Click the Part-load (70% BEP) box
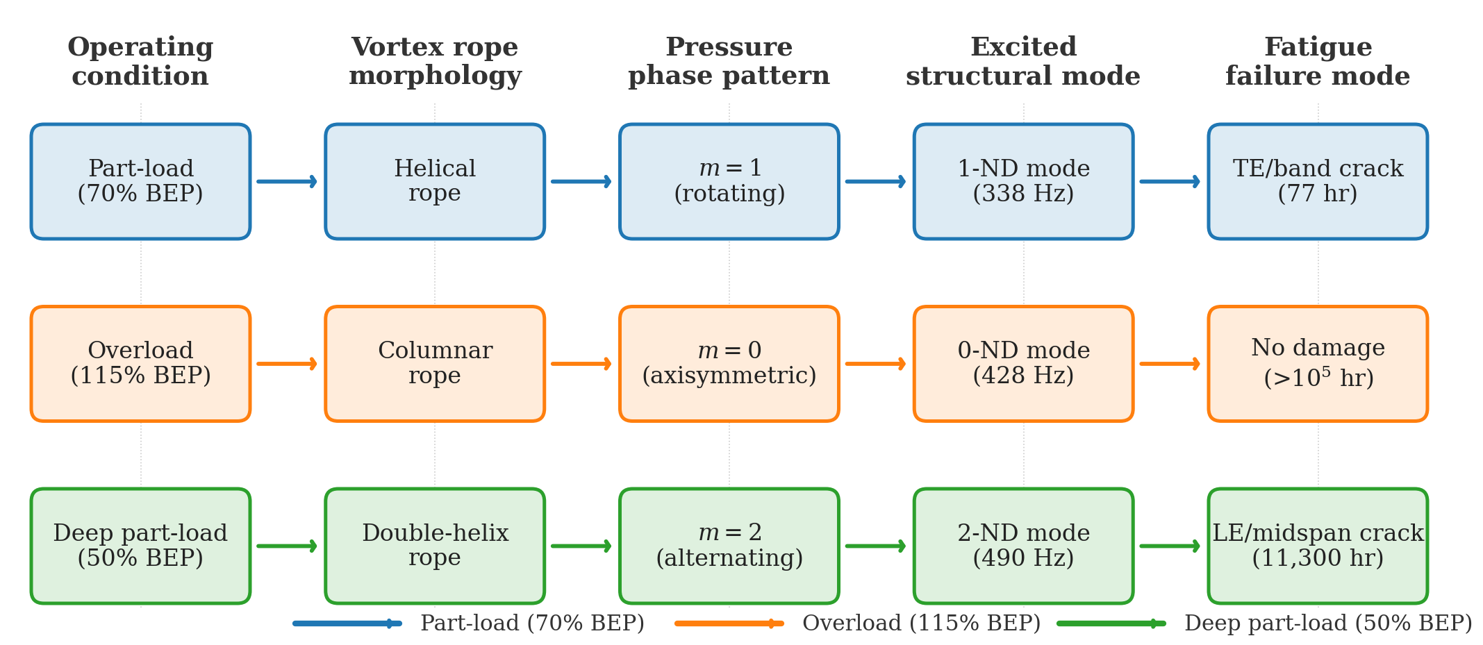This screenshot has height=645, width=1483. pyautogui.click(x=140, y=181)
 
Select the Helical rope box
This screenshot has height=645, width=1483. pyautogui.click(x=435, y=181)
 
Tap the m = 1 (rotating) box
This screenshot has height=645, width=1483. pyautogui.click(x=729, y=181)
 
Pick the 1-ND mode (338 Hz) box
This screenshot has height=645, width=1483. pyautogui.click(x=1023, y=181)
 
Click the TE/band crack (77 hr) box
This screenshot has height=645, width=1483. pyautogui.click(x=1318, y=181)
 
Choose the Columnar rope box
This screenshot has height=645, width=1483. pyautogui.click(x=435, y=363)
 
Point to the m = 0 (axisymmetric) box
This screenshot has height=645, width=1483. pyautogui.click(x=729, y=363)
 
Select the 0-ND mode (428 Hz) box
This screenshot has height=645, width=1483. pyautogui.click(x=1023, y=363)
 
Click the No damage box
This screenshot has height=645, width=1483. pyautogui.click(x=1318, y=363)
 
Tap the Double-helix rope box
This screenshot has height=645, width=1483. pyautogui.click(x=435, y=546)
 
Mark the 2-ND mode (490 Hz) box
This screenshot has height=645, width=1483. pyautogui.click(x=1023, y=546)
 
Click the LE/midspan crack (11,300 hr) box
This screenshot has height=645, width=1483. pyautogui.click(x=1318, y=546)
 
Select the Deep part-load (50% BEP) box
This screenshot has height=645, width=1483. pyautogui.click(x=140, y=546)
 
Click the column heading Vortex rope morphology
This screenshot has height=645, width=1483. pyautogui.click(x=435, y=61)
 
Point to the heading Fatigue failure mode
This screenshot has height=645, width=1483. pyautogui.click(x=1318, y=61)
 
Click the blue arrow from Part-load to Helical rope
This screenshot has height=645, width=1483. pyautogui.click(x=287, y=181)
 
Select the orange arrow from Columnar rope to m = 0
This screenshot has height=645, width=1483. pyautogui.click(x=581, y=363)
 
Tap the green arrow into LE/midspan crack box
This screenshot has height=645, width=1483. pyautogui.click(x=1170, y=546)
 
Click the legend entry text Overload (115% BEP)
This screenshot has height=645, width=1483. pyautogui.click(x=921, y=623)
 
